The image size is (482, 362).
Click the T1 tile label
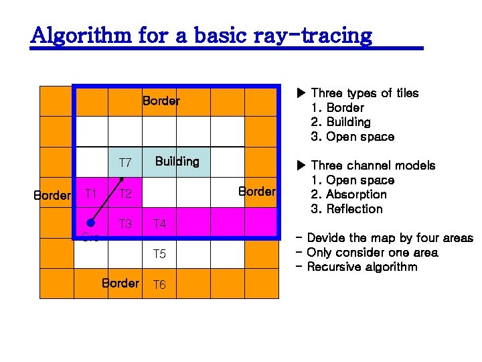[91, 194]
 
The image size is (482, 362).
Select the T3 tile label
[125, 224]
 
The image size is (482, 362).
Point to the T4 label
[159, 224]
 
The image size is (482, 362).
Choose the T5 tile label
[159, 254]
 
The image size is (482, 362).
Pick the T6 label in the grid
[159, 285]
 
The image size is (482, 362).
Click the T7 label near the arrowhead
[125, 163]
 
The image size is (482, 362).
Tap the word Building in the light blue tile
[177, 162]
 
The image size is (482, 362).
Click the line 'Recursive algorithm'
[361, 267]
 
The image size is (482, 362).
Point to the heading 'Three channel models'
[373, 166]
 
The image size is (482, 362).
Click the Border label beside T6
[120, 283]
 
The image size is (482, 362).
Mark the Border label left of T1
[52, 196]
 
